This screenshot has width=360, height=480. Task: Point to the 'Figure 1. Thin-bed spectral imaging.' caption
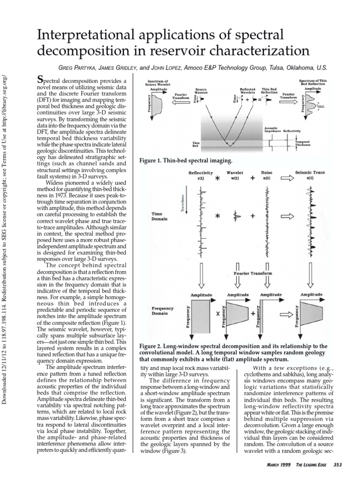point(186,161)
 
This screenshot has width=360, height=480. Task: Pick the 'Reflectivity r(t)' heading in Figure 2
point(201,175)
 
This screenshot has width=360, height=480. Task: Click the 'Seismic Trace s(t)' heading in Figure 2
point(307,175)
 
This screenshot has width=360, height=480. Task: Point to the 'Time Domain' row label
point(157,217)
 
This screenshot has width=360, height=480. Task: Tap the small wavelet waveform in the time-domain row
point(236,216)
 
